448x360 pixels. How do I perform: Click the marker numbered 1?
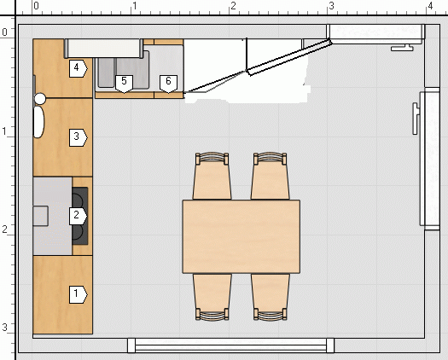point(78,294)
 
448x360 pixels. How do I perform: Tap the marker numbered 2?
point(78,216)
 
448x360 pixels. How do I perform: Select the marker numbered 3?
point(78,137)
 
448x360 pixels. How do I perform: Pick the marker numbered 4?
point(78,68)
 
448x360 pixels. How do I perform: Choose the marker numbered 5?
point(124,84)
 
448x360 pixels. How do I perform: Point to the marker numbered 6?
point(168,84)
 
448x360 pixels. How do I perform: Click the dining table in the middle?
point(241,236)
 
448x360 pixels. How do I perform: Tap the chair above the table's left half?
point(212,176)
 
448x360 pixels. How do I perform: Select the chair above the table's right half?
point(270,176)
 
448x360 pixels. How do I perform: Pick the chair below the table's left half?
point(212,297)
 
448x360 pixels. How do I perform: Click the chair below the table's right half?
point(270,297)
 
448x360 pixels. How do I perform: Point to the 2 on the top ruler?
point(234,6)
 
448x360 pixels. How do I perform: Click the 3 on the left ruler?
point(4,327)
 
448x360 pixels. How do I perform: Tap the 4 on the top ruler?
point(430,6)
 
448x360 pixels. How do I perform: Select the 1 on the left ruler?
point(4,131)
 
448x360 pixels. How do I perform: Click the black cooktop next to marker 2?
point(80,216)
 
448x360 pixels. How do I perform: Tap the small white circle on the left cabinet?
point(40,99)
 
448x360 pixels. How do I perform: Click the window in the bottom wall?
point(230,345)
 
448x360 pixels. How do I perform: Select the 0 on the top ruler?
point(36,6)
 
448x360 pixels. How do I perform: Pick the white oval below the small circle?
point(39,122)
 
